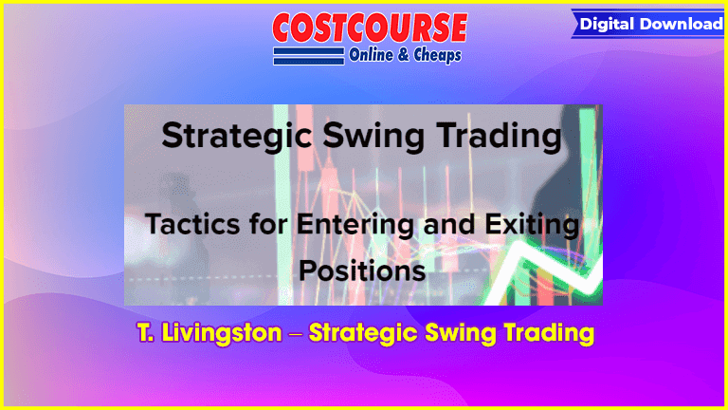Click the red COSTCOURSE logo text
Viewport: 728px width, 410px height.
370,28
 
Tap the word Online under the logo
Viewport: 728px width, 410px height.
371,55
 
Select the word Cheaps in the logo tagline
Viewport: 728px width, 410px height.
437,55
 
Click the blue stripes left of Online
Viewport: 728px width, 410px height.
309,56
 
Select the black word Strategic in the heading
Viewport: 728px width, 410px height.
237,137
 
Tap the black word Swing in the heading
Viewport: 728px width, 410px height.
373,137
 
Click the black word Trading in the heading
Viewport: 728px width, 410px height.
500,137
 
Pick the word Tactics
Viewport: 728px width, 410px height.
193,224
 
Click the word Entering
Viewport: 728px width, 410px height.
355,225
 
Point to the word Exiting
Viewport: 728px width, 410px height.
532,225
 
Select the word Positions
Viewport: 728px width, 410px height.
362,271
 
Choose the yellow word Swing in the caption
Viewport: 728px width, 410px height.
461,333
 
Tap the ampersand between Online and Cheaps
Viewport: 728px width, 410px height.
404,55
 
